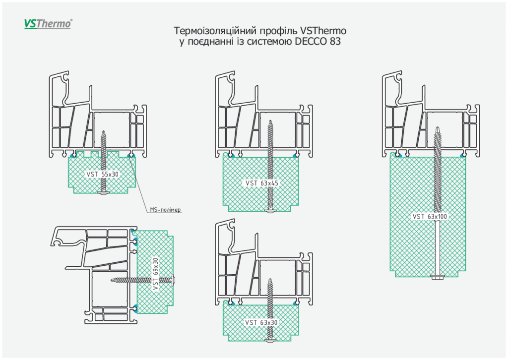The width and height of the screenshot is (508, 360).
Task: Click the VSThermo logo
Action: pyautogui.click(x=48, y=23)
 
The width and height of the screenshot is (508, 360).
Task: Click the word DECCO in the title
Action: pyautogui.click(x=311, y=42)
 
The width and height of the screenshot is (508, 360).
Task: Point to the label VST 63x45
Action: pyautogui.click(x=262, y=183)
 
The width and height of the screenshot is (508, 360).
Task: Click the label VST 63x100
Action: pyautogui.click(x=430, y=216)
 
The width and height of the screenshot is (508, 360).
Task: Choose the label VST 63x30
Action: pyautogui.click(x=261, y=322)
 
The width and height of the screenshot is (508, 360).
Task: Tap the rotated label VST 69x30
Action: pyautogui.click(x=155, y=273)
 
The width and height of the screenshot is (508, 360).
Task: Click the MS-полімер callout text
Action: pyautogui.click(x=165, y=210)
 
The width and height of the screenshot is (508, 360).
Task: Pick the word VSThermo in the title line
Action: pyautogui.click(x=323, y=31)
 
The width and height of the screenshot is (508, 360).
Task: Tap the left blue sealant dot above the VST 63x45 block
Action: pyautogui.click(x=230, y=156)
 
